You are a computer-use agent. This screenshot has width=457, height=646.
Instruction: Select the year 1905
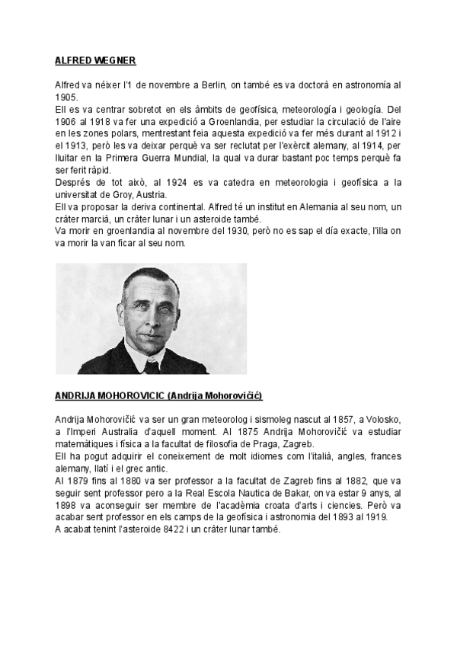point(66,98)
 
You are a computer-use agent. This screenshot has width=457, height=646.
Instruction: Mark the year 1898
point(67,507)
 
